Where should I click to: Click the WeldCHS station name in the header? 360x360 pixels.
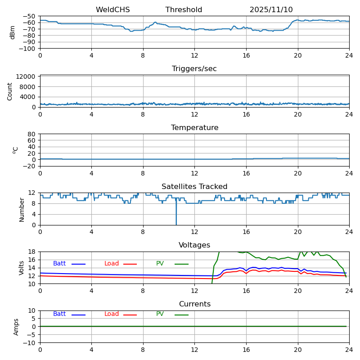coord(112,10)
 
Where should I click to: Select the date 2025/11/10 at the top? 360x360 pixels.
coord(271,10)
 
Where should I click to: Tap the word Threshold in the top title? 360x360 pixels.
coord(184,10)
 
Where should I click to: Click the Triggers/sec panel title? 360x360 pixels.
coord(194,69)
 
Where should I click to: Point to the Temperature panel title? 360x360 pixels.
coord(194,128)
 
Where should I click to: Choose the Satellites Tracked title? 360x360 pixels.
coord(194,187)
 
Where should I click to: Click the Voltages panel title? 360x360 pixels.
coord(194,245)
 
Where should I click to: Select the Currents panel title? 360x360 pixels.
coord(194,304)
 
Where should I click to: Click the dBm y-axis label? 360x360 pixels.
coord(13,32)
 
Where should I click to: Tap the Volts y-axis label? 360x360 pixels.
coord(22,268)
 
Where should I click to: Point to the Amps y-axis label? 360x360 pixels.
coord(16,327)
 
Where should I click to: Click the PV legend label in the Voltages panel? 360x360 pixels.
coord(160,264)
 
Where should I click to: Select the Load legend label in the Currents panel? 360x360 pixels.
coord(112,314)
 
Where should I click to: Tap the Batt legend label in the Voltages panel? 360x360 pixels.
coord(59,264)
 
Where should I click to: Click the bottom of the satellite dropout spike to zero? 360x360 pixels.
coord(176,224)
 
